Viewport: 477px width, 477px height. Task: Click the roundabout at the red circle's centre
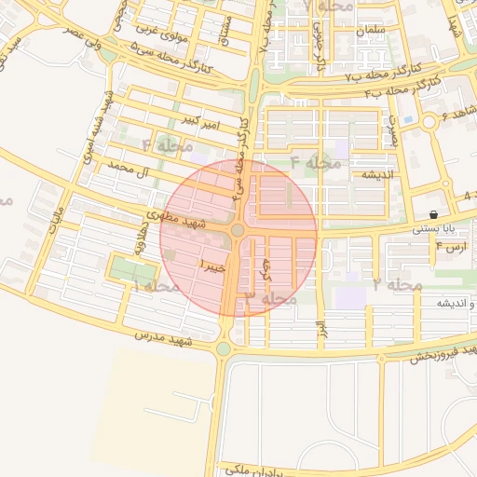(238, 230)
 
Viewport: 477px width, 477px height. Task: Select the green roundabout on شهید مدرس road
(224, 349)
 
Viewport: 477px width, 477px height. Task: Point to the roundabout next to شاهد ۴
(429, 122)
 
